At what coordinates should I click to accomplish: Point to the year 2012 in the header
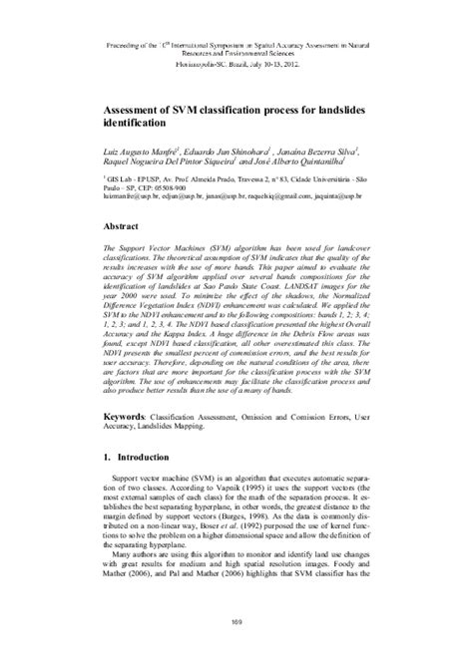(292, 64)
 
